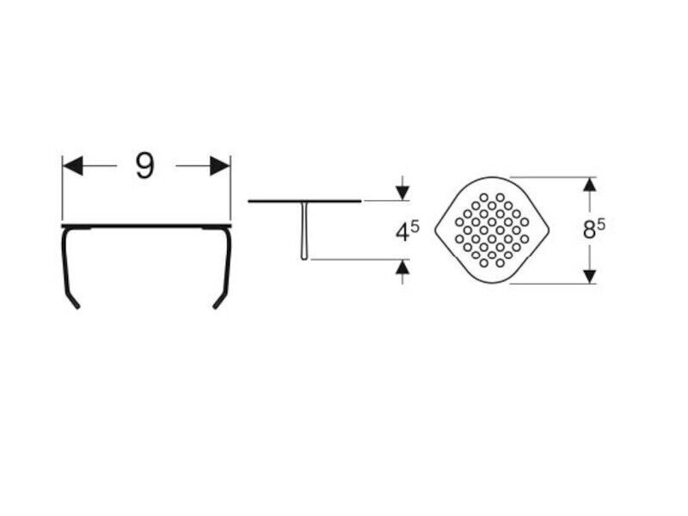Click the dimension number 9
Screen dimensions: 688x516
145,166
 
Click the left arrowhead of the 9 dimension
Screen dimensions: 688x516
73,166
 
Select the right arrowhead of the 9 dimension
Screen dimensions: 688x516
220,166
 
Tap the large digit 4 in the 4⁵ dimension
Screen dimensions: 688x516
402,232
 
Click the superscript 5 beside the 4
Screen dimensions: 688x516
415,226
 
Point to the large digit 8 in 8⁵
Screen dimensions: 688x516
589,230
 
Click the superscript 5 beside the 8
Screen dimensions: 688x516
601,224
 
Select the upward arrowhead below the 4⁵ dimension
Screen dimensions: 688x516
402,267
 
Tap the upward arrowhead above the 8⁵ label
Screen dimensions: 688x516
590,184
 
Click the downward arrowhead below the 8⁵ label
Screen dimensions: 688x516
590,276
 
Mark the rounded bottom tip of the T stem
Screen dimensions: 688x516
304,258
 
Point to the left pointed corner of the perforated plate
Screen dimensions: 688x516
436,230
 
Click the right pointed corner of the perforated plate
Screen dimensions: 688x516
549,230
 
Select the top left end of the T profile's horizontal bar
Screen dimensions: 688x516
249,201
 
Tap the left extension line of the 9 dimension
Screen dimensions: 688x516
62,187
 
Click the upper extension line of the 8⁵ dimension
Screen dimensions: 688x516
553,177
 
